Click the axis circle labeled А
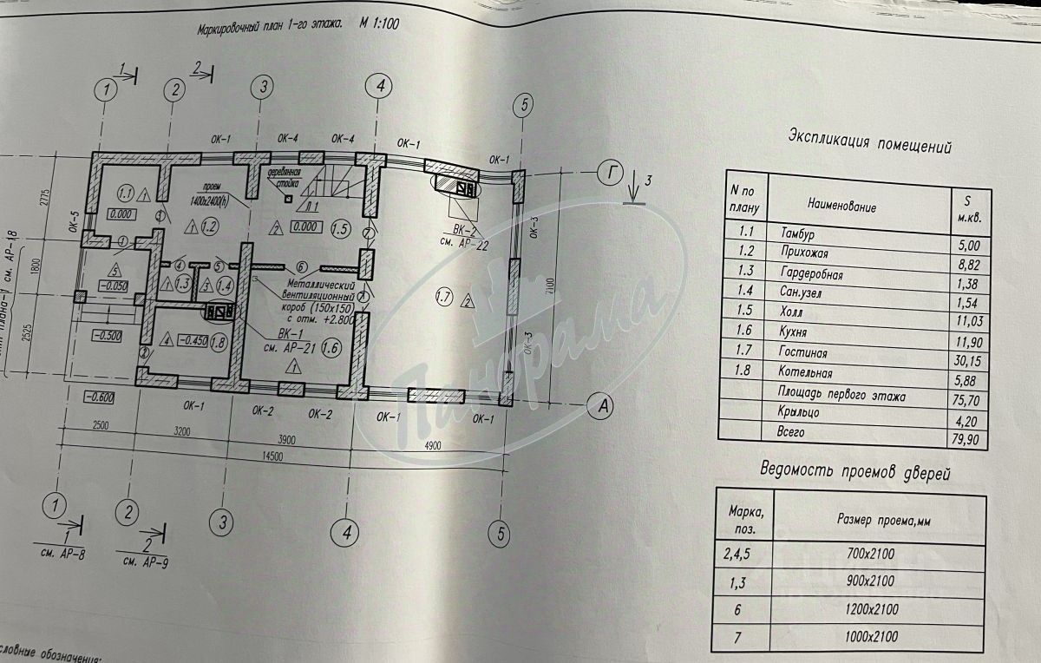(x=600, y=403)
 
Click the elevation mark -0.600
(x=100, y=397)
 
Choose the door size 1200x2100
(x=874, y=609)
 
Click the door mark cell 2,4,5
(x=740, y=553)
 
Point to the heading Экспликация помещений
(x=869, y=142)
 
